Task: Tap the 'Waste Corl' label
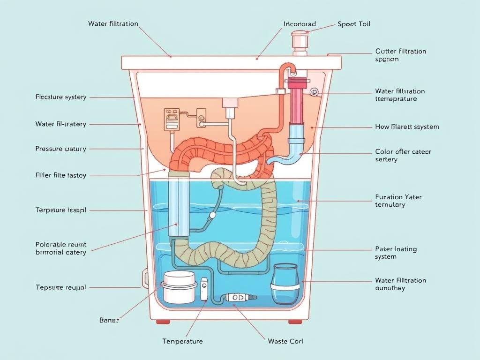pos(285,341)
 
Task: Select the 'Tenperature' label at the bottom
pos(182,341)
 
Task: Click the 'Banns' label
pos(109,320)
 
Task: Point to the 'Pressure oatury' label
pos(61,149)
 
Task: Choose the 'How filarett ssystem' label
pos(407,127)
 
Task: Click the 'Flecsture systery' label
pos(61,97)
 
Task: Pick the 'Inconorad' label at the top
pos(300,24)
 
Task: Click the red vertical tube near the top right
pos(297,101)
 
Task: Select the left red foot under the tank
pos(163,322)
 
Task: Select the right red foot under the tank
pos(295,322)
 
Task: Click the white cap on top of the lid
pos(300,42)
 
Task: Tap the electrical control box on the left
pos(171,120)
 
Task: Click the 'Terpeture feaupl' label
pos(61,210)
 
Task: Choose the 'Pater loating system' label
pos(396,253)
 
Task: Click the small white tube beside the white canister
pos(204,289)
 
